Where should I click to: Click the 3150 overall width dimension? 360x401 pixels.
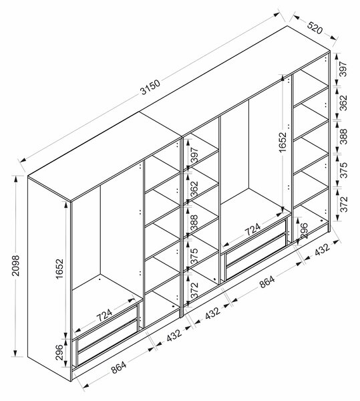click(150, 87)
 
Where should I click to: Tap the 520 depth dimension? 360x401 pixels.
click(315, 28)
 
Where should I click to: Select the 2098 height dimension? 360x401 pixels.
click(16, 265)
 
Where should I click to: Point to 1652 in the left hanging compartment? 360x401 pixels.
click(59, 269)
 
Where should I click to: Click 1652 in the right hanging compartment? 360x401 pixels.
click(283, 142)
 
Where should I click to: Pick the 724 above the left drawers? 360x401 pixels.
click(104, 315)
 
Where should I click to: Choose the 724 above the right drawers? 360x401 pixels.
click(252, 229)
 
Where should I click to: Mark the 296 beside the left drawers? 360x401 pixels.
click(59, 352)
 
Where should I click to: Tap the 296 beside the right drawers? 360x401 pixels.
click(303, 231)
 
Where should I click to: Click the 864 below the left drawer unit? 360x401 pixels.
click(118, 367)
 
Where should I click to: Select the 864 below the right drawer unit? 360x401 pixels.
click(267, 281)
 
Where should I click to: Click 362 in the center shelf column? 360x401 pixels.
click(194, 188)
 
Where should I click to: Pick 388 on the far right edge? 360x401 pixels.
click(344, 136)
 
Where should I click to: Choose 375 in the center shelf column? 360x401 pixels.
click(194, 256)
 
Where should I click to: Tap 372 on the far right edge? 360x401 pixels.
click(344, 204)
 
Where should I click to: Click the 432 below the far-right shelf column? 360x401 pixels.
click(322, 249)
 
